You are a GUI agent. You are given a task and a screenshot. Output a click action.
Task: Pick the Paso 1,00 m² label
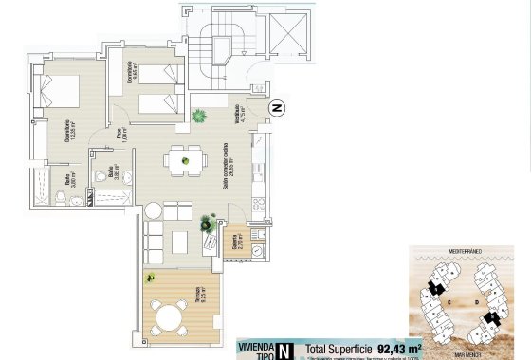coord(120,135)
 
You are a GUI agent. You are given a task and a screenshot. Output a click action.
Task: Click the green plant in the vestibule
coord(200,117)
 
